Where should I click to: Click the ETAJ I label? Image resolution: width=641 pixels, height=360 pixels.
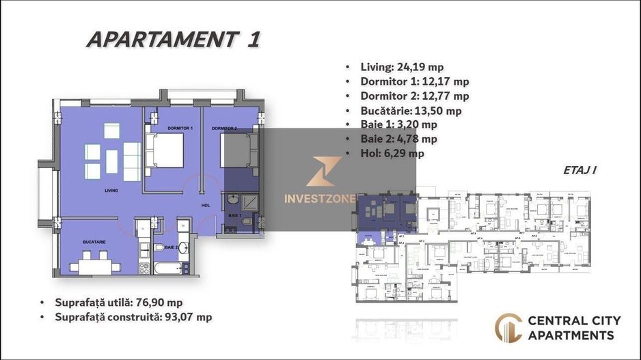point(581,169)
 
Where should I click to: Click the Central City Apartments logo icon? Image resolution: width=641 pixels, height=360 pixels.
point(508,327)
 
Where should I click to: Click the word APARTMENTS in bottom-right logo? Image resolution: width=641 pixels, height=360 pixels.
point(570,335)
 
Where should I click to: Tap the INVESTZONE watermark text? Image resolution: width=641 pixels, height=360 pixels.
point(320,199)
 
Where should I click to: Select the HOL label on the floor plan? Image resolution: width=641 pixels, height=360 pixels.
point(204,204)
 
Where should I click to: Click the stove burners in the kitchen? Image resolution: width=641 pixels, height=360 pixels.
point(144,267)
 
